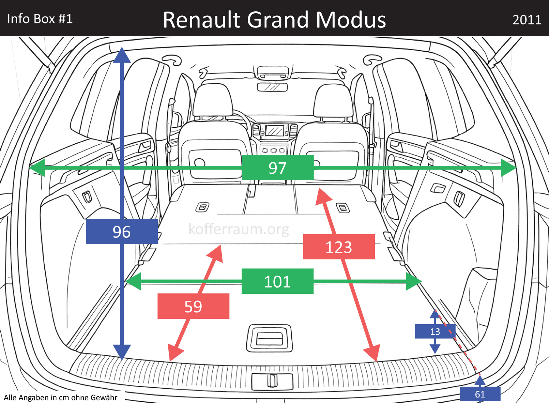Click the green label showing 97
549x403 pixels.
point(277,168)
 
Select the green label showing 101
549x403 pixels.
point(277,281)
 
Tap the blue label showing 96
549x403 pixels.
point(122,232)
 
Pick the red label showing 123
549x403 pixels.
point(339,247)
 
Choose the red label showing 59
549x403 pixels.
point(193,306)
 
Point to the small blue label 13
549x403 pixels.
point(435,332)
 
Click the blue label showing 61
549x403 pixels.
point(480,394)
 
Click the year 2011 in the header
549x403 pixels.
point(527,20)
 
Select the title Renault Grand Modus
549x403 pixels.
point(274,20)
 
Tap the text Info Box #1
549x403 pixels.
point(40,19)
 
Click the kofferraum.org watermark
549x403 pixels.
point(239,229)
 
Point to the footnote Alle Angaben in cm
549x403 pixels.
point(61,398)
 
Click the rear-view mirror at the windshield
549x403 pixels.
point(272,87)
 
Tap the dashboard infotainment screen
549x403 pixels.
point(274,130)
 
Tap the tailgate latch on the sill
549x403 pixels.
point(272,381)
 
